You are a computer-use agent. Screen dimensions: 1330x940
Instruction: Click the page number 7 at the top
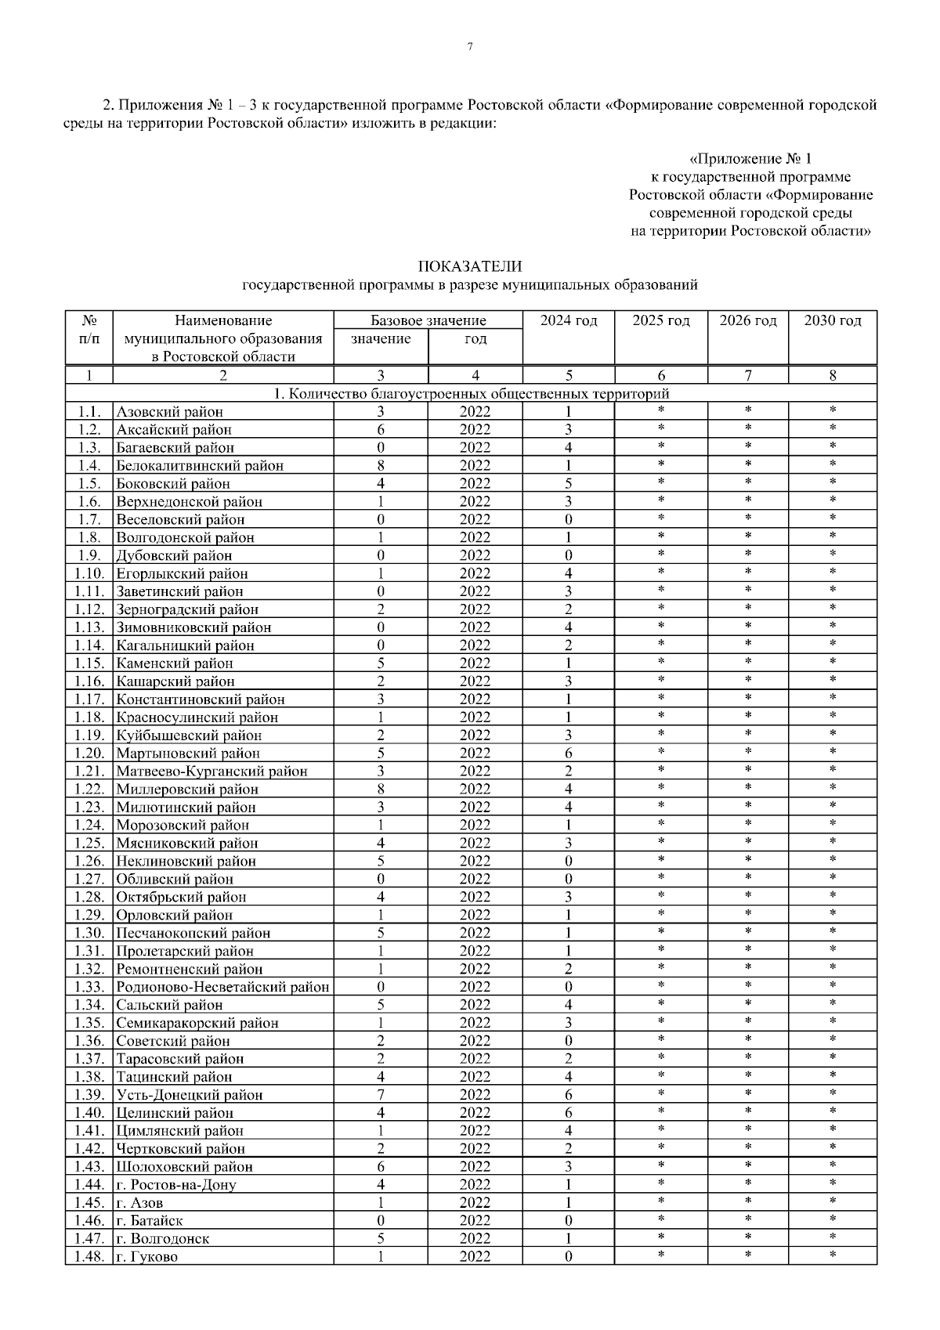pyautogui.click(x=470, y=47)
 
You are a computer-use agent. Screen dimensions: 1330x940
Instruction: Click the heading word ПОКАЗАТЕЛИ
pyautogui.click(x=470, y=268)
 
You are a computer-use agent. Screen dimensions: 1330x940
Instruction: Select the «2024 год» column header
pyautogui.click(x=568, y=320)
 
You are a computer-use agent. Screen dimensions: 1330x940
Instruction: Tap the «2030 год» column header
pyautogui.click(x=833, y=320)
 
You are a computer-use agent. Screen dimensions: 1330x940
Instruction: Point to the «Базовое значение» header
pyautogui.click(x=428, y=320)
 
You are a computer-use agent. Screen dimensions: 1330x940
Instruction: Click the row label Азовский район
pyautogui.click(x=170, y=412)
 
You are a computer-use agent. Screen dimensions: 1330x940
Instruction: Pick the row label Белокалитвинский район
pyautogui.click(x=200, y=466)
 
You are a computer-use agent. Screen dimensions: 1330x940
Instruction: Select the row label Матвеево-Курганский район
pyautogui.click(x=211, y=772)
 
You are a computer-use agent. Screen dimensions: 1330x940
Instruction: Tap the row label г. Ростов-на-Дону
pyautogui.click(x=176, y=1185)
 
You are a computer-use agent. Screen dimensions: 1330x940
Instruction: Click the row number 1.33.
pyautogui.click(x=89, y=987)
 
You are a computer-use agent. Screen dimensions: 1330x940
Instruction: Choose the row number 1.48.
pyautogui.click(x=89, y=1257)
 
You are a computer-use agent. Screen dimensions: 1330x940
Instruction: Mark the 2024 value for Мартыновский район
pyautogui.click(x=568, y=754)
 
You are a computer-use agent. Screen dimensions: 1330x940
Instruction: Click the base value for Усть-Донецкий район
pyautogui.click(x=381, y=1095)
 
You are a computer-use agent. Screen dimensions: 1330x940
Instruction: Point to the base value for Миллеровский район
pyautogui.click(x=381, y=790)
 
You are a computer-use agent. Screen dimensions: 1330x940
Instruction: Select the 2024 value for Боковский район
pyautogui.click(x=568, y=484)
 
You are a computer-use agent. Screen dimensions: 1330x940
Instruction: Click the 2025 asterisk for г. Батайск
pyautogui.click(x=661, y=1220)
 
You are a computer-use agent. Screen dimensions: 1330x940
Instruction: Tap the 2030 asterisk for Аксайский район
pyautogui.click(x=833, y=428)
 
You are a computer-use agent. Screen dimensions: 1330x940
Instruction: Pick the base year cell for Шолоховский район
pyautogui.click(x=475, y=1167)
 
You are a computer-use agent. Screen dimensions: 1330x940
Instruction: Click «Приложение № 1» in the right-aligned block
pyautogui.click(x=750, y=160)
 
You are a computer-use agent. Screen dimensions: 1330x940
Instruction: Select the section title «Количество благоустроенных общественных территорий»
pyautogui.click(x=470, y=394)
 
